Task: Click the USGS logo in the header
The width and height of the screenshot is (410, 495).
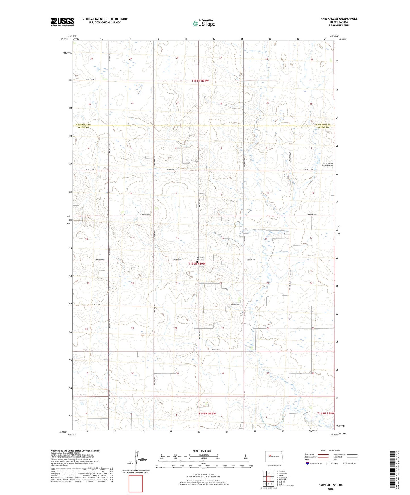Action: [62, 22]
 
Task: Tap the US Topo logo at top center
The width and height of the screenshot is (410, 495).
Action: [203, 23]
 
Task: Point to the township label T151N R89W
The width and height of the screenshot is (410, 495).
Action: [200, 81]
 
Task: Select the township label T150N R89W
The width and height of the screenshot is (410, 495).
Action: [197, 263]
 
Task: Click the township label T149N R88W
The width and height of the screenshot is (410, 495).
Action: [325, 413]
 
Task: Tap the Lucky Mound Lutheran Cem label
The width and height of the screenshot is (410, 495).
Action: [328, 164]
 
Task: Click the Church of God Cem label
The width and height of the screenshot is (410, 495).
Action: [201, 258]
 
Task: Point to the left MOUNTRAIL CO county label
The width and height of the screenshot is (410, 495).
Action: [83, 124]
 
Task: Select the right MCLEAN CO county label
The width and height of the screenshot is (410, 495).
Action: [324, 127]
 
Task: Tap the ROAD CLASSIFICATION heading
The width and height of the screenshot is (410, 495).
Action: [331, 450]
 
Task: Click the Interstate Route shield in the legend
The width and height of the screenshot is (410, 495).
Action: [308, 464]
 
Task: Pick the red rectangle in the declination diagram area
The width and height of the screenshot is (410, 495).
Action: [136, 484]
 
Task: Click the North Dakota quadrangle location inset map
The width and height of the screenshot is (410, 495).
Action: [274, 457]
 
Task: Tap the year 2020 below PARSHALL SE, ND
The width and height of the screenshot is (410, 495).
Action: [330, 489]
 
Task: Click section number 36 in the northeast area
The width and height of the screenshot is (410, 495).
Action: [311, 104]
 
